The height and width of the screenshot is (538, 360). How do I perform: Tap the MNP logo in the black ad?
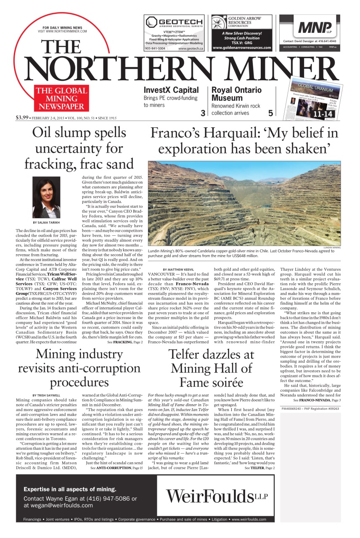(x=314, y=28)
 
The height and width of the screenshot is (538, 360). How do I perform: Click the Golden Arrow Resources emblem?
(x=218, y=23)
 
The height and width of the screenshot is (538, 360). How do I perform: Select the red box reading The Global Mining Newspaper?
(x=61, y=98)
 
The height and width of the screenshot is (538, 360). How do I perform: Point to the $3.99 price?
(x=22, y=118)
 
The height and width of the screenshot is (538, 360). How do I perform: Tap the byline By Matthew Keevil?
(x=178, y=269)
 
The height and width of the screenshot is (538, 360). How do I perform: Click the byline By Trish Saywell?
(x=46, y=395)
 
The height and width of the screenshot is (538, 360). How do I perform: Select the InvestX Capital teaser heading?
(x=171, y=90)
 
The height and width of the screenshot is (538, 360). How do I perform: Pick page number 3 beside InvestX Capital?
(x=203, y=113)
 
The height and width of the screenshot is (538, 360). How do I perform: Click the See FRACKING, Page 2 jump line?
(x=125, y=343)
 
